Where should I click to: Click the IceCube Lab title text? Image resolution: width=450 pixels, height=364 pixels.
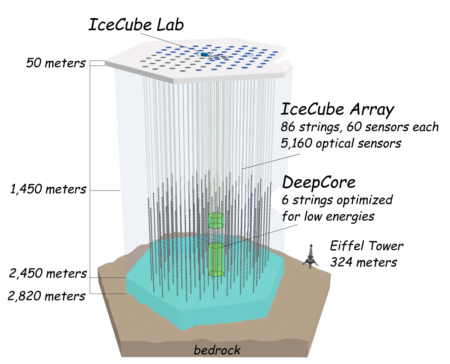tap(136, 25)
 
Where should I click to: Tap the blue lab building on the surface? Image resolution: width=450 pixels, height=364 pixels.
tap(203, 54)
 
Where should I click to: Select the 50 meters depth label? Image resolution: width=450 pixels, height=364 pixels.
tap(56, 63)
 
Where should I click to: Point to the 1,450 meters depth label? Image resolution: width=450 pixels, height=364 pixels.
tap(48, 189)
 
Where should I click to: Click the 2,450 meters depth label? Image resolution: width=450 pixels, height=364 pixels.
tap(48, 274)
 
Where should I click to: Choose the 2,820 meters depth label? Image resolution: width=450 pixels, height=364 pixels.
tap(47, 296)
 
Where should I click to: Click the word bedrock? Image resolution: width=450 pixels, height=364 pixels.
tap(217, 350)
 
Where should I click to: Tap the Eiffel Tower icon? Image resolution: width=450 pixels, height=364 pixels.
tap(311, 256)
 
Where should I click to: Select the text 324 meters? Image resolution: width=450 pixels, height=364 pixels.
tap(364, 262)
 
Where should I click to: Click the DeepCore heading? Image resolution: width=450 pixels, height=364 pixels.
tap(319, 182)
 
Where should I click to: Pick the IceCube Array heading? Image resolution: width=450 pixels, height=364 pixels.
tap(337, 109)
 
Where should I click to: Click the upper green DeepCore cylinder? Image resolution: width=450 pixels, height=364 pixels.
tap(216, 220)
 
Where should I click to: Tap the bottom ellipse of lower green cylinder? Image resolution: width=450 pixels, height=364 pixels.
tap(216, 274)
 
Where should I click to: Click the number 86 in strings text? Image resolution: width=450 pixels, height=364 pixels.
tap(288, 127)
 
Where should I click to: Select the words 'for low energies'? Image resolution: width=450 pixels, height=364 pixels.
tap(328, 217)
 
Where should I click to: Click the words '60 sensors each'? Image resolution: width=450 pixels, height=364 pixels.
tap(392, 127)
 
